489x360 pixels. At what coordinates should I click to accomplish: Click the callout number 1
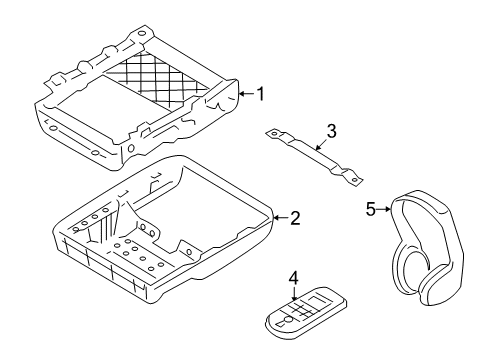tap(260, 95)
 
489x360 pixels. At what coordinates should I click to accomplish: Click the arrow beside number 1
tap(246, 95)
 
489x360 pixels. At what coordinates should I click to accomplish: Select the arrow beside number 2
tap(279, 217)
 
